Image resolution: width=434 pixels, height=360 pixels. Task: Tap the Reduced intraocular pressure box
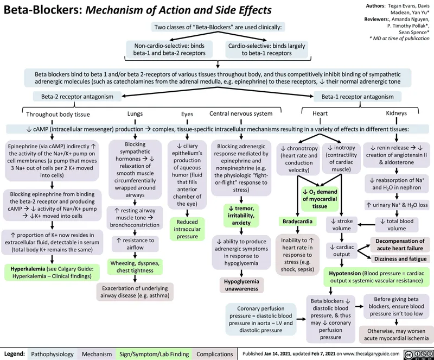coord(187,229)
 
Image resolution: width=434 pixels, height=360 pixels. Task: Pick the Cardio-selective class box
coord(266,49)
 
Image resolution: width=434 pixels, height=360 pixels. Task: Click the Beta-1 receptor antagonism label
coord(357,97)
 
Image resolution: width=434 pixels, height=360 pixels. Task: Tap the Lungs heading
coord(135,113)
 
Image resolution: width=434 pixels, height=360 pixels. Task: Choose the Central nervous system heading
coord(240,113)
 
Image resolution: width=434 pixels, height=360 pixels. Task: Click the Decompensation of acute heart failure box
coord(401,244)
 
